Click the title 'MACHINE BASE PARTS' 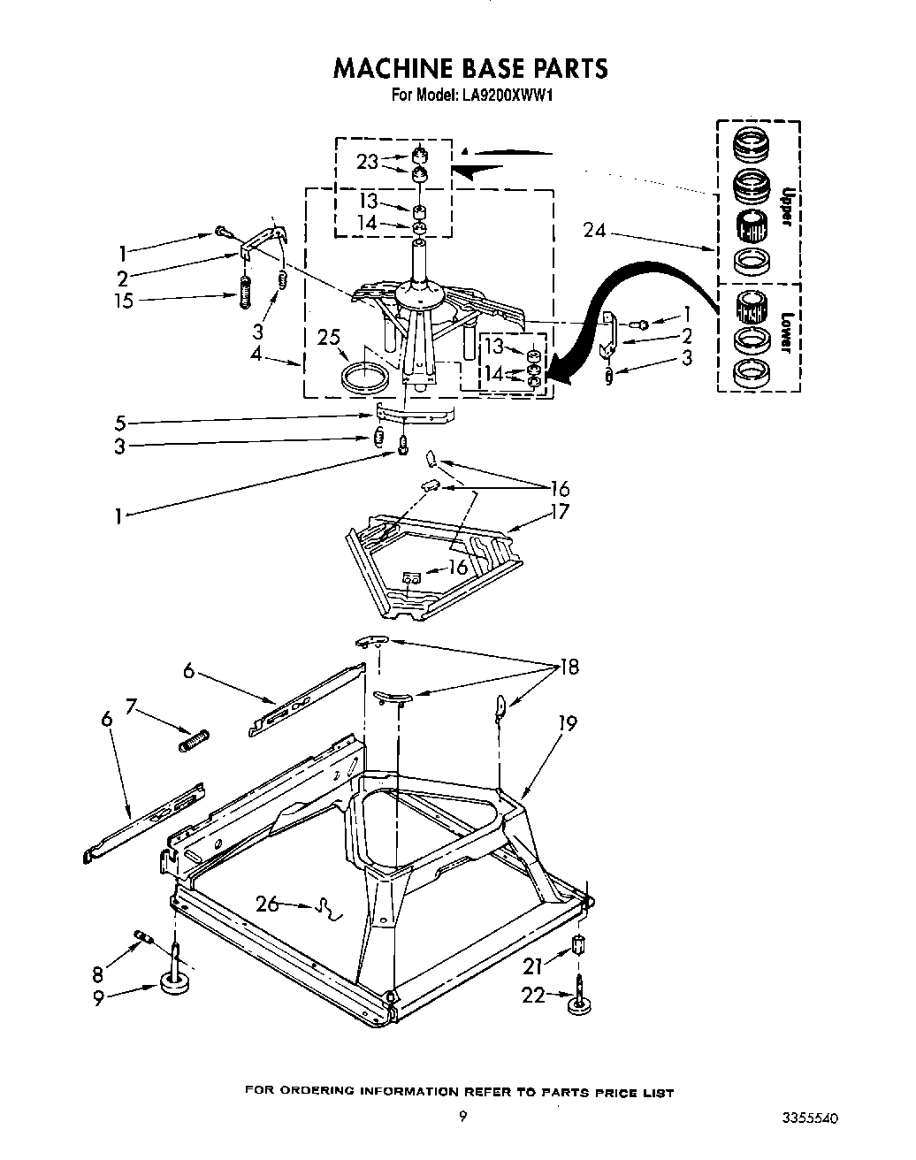point(469,68)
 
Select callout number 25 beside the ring point(328,337)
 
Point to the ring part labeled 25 point(365,374)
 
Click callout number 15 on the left point(124,301)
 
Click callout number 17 point(559,512)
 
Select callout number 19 point(567,723)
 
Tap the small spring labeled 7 point(194,739)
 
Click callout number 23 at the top point(367,162)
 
